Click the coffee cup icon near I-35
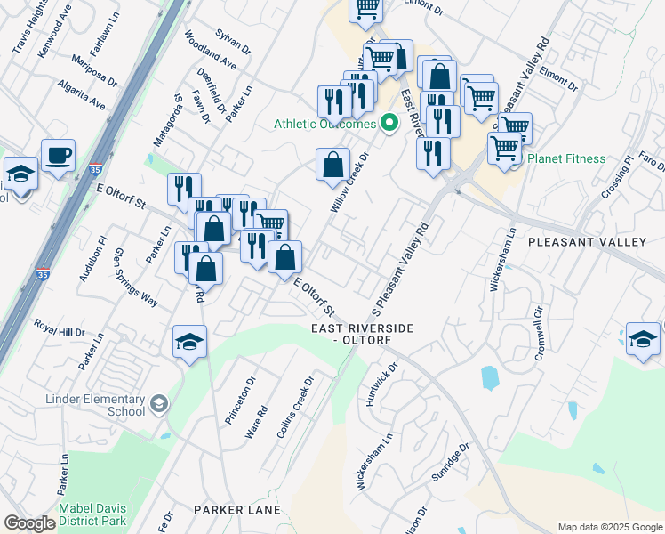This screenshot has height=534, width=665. [x=59, y=156]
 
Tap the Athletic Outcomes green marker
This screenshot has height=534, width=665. [x=389, y=124]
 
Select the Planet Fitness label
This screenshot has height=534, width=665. [x=565, y=159]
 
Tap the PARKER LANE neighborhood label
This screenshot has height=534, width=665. [x=237, y=510]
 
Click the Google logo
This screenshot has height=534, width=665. [x=29, y=523]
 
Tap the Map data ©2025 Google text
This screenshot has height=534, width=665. [x=609, y=527]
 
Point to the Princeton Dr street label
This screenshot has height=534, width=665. [x=239, y=399]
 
